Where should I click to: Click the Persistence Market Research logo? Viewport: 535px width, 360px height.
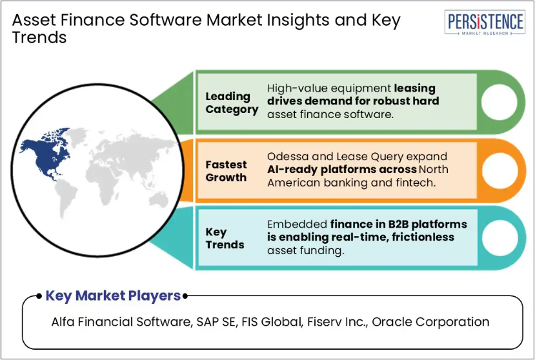point(485,23)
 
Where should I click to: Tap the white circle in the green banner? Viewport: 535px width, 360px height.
point(499,102)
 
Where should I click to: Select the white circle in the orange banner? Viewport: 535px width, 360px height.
point(500,170)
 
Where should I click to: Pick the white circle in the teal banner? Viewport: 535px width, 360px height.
point(500,238)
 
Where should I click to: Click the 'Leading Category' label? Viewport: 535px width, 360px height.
point(232,103)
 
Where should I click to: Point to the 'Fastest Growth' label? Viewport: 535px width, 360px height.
point(226,171)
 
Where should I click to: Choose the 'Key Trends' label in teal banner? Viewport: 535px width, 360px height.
point(225,238)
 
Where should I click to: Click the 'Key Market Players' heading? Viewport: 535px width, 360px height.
point(113,295)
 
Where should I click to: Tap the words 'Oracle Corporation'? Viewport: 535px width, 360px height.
point(430,322)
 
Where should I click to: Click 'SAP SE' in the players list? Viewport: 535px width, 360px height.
point(216,322)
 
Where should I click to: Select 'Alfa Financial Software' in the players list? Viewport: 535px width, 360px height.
point(121,322)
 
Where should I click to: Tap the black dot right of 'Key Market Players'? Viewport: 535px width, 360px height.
point(185,296)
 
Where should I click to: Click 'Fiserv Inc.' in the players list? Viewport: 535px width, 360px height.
point(337,322)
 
